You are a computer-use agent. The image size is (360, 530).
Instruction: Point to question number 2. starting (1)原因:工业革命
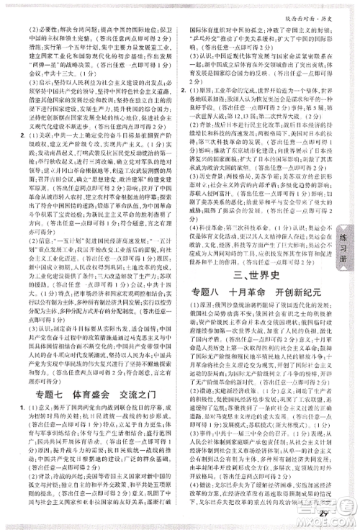[x=186, y=91]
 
